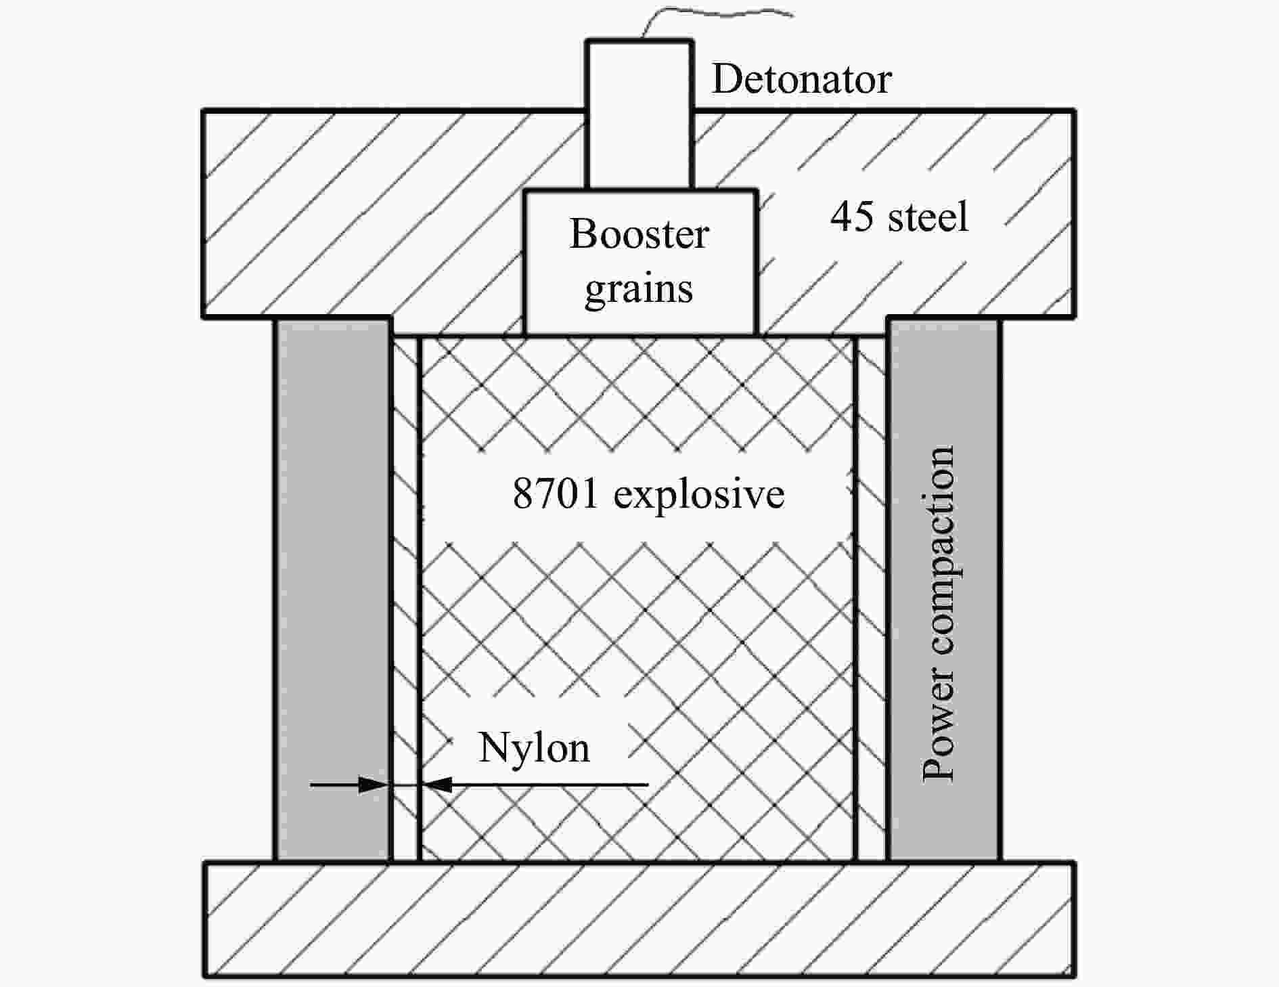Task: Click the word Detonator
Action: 801,79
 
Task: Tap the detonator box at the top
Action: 639,114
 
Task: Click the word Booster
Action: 639,234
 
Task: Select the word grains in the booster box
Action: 639,290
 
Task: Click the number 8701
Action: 556,493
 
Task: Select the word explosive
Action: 699,495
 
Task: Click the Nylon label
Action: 534,748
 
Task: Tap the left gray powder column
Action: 333,590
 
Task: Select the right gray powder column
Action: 944,590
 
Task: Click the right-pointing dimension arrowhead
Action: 373,785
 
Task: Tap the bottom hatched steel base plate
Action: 639,920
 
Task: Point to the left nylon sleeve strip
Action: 406,598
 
